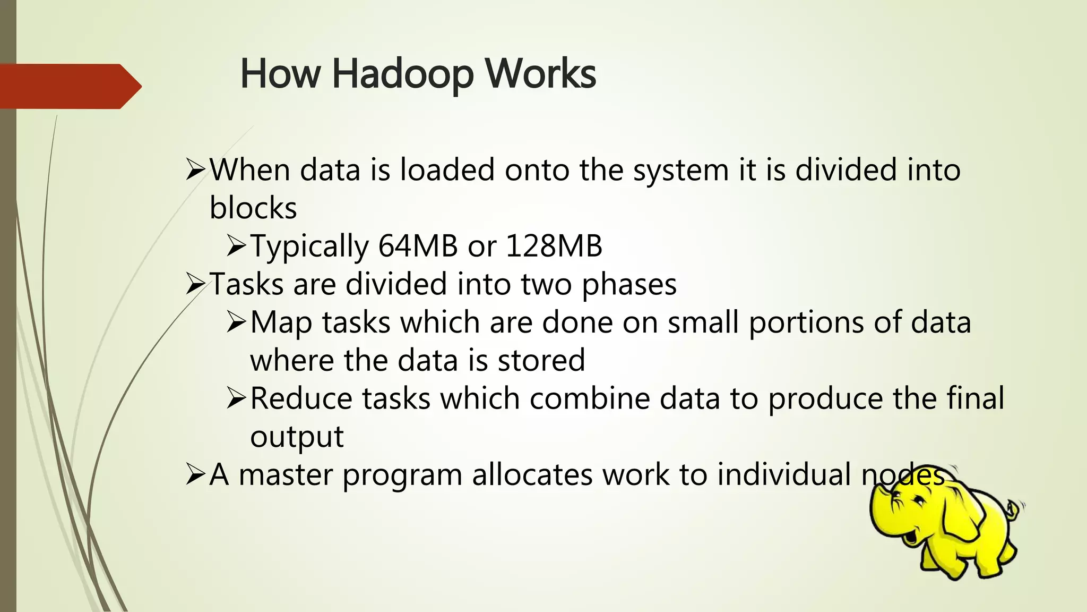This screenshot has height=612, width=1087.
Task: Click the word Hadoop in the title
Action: tap(402, 74)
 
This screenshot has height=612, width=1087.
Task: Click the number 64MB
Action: tap(418, 246)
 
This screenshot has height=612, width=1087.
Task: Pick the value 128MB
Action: tap(554, 246)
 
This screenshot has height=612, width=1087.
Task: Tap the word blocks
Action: tap(253, 208)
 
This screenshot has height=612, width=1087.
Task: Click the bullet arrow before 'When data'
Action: tap(195, 170)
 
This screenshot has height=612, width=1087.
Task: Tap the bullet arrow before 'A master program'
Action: tap(195, 474)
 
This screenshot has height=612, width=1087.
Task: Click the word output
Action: tap(297, 437)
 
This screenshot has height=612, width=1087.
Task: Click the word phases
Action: tap(629, 285)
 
